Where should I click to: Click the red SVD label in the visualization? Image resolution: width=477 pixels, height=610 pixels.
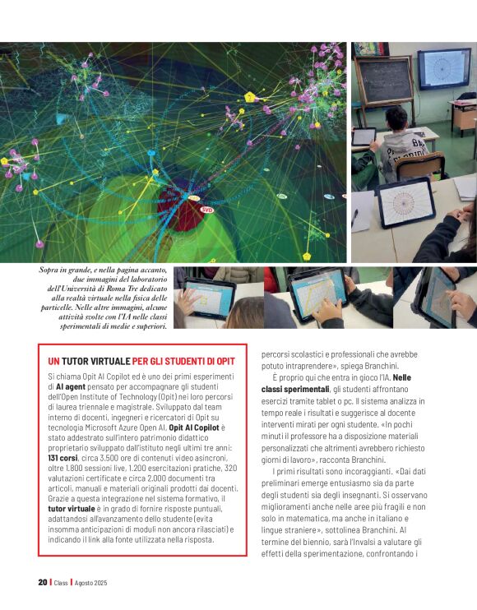[207, 209]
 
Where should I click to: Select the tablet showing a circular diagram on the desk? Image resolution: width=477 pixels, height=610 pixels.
[405, 201]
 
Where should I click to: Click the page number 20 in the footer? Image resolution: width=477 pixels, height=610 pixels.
[42, 582]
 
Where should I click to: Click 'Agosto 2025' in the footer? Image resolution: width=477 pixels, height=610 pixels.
[91, 582]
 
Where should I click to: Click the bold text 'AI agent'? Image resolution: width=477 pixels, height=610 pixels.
[71, 386]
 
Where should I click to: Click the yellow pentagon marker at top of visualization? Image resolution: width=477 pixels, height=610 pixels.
[250, 97]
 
